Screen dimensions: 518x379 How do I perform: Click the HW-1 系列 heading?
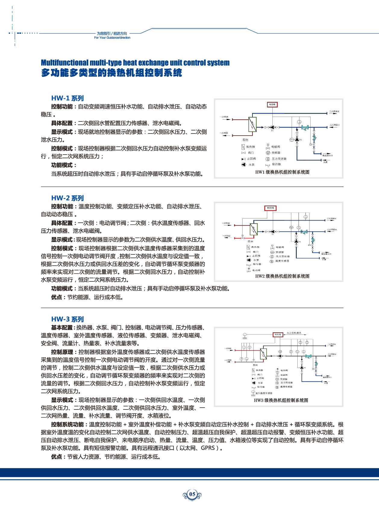coord(67,98)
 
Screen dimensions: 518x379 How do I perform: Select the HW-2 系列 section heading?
coord(67,198)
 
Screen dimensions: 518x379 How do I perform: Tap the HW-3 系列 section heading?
coord(67,319)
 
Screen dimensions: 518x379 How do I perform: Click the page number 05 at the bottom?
coord(192,494)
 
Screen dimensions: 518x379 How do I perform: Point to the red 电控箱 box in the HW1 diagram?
coord(272,105)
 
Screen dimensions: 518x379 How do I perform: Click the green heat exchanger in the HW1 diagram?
coord(252,124)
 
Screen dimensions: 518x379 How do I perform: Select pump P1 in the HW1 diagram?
coord(272,127)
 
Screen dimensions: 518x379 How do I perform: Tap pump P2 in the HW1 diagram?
coord(297,140)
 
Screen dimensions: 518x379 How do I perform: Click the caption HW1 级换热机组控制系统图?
coord(282,172)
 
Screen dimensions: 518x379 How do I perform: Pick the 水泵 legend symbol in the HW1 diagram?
coord(243,165)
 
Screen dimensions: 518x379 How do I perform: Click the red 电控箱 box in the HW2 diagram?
coord(270,208)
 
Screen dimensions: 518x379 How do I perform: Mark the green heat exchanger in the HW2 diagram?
coord(254,229)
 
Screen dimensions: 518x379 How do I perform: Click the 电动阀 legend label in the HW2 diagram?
coord(256,270)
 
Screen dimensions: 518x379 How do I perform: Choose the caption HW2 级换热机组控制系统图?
coord(282,276)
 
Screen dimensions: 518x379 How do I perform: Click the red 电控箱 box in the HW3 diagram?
coord(277,334)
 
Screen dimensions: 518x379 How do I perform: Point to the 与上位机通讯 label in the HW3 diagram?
coord(294,333)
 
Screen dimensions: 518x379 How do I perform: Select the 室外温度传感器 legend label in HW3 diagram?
coord(264,393)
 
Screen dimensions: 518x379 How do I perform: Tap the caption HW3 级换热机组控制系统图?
coord(281,400)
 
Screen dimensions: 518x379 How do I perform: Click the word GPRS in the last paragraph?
coord(208,448)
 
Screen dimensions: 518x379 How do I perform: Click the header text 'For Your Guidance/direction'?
coord(112,38)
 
